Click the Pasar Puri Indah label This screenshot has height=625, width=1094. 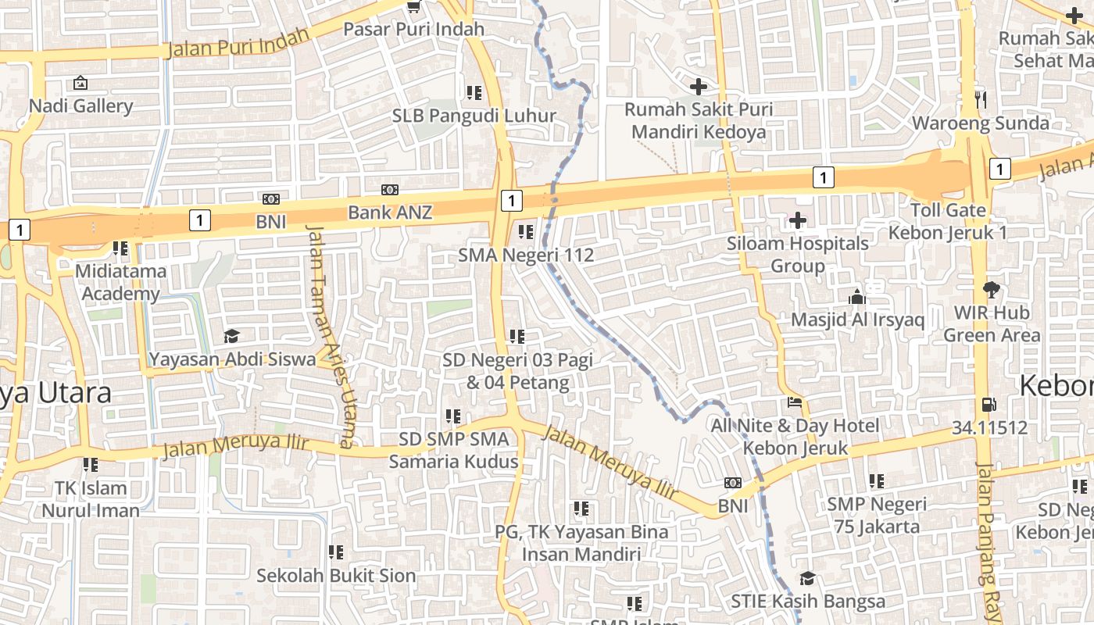[x=414, y=30]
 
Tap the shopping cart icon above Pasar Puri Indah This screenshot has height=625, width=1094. [x=414, y=7]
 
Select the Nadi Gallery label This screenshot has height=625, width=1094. [x=81, y=105]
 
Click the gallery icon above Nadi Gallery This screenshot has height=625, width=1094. [x=80, y=82]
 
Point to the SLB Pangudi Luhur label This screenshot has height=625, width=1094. [x=474, y=116]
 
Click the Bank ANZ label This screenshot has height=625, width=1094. [x=389, y=212]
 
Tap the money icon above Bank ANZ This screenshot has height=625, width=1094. [x=389, y=190]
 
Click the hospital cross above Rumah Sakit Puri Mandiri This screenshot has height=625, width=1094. [x=699, y=87]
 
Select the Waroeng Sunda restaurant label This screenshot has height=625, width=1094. [x=981, y=123]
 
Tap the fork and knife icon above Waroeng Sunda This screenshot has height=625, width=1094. [x=981, y=99]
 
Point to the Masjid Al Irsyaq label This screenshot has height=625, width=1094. [x=857, y=320]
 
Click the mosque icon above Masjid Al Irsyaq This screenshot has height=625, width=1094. [x=857, y=298]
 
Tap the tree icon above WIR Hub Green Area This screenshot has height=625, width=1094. [x=992, y=290]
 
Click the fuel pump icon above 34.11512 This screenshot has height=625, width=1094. [x=989, y=405]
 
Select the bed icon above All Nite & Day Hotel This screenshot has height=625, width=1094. [x=795, y=403]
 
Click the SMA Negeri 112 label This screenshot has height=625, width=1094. [x=526, y=255]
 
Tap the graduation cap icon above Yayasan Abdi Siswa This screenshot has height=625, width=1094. [x=231, y=337]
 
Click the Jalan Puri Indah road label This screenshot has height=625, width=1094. [x=227, y=45]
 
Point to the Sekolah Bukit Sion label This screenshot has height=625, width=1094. [x=336, y=576]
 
